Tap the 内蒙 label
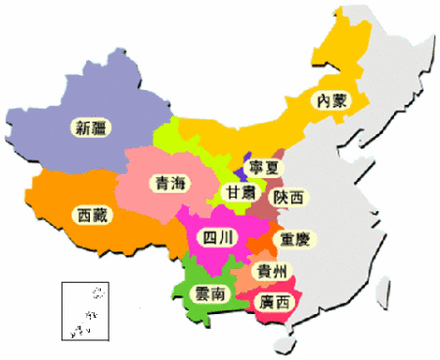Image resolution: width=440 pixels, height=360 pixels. tap(328, 101)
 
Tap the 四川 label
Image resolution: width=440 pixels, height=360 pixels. tap(214, 237)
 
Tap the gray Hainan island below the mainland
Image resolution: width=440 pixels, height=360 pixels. tap(285, 341)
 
